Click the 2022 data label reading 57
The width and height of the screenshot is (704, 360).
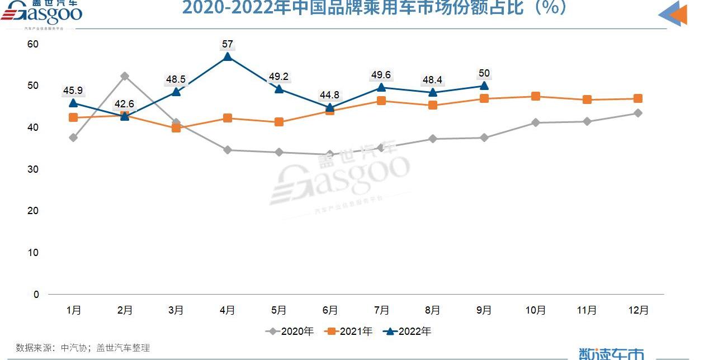click(x=227, y=44)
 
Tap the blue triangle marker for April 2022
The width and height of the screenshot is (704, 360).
click(x=227, y=56)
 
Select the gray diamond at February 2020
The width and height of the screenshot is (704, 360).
click(x=125, y=76)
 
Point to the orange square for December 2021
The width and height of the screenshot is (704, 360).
click(x=637, y=99)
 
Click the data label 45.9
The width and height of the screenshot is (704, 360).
click(x=73, y=91)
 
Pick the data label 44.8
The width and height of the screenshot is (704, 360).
click(x=330, y=95)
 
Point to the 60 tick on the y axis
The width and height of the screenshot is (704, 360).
click(x=33, y=44)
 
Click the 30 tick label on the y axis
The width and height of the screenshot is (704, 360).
click(x=33, y=169)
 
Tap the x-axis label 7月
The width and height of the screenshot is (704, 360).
click(x=381, y=310)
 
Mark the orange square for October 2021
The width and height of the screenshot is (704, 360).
click(x=535, y=97)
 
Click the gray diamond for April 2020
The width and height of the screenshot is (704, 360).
click(x=227, y=150)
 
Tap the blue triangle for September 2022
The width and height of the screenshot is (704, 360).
click(x=484, y=86)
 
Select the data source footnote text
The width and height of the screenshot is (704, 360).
click(x=83, y=348)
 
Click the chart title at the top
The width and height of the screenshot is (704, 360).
click(x=375, y=8)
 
